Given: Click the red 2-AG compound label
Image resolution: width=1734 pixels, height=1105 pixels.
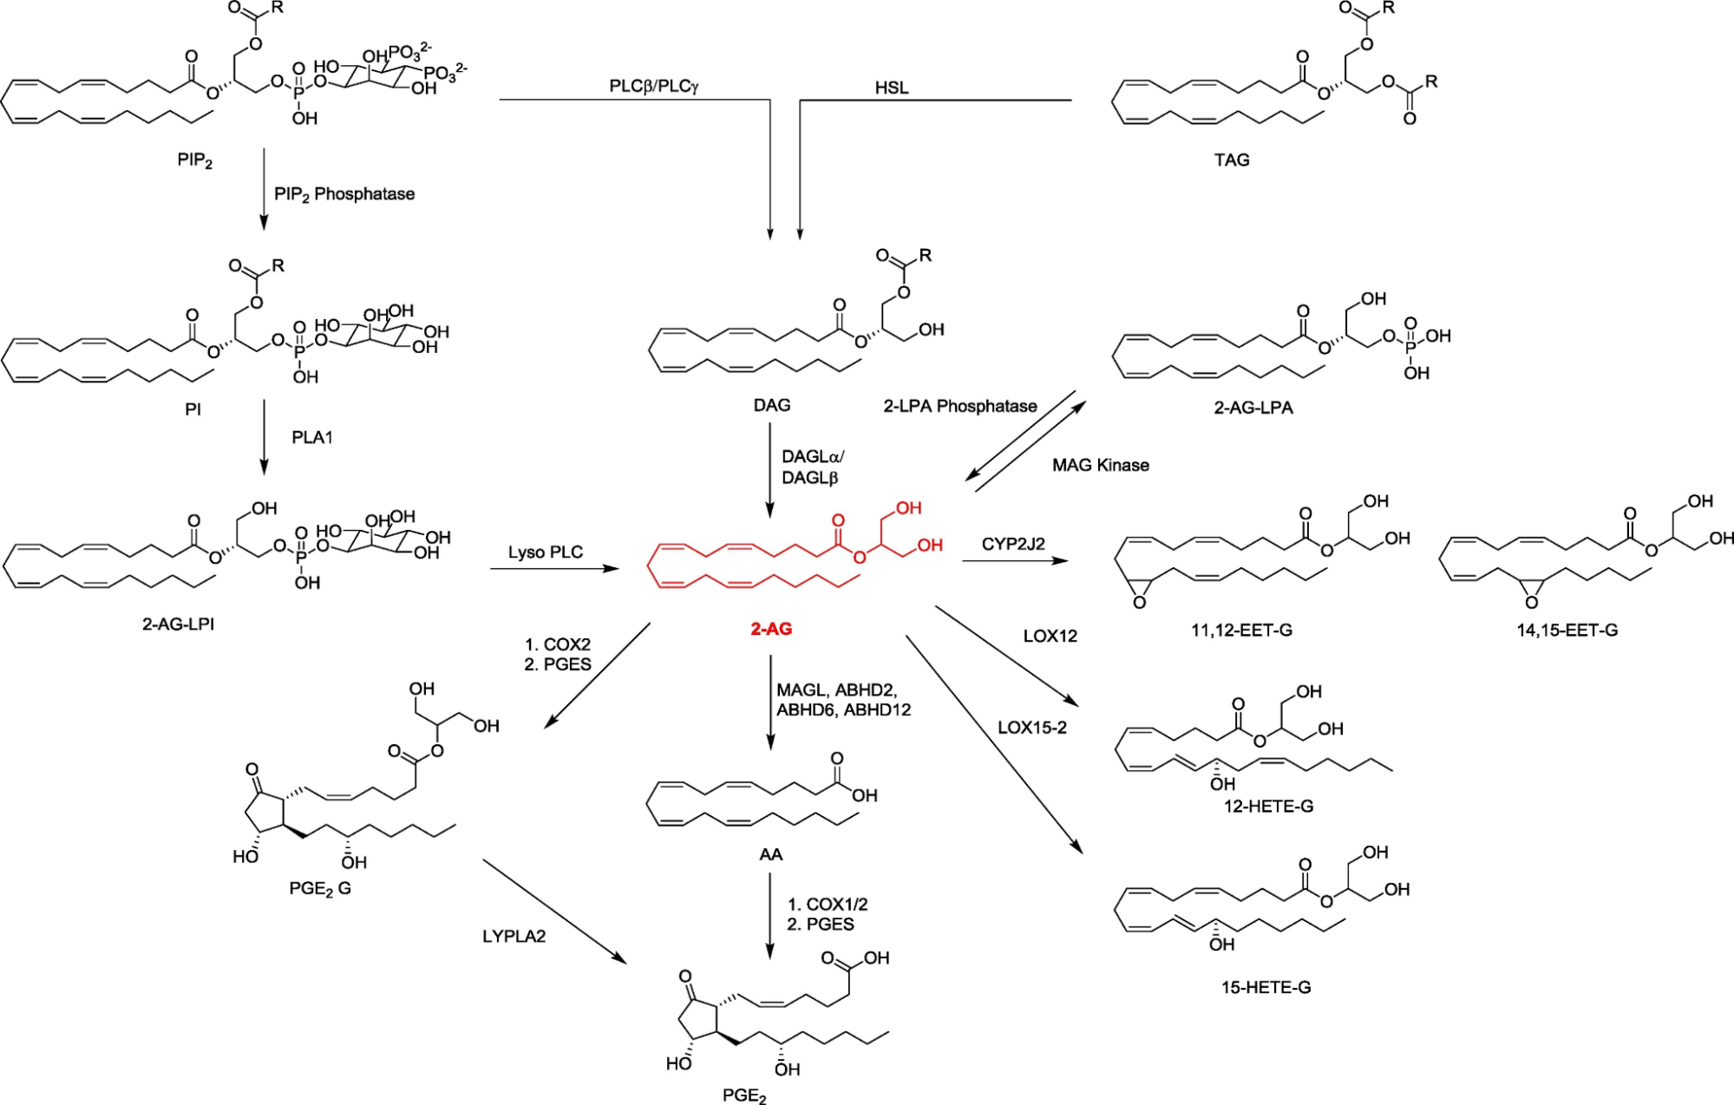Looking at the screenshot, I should [770, 629].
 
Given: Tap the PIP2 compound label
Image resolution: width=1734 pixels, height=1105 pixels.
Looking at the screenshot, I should [194, 161].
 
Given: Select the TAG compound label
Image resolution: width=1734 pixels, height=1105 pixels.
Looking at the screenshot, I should [1231, 160].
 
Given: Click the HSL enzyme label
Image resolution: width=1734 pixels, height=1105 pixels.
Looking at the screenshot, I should [891, 88].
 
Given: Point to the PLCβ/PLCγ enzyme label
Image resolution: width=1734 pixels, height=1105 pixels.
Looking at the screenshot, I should [653, 86].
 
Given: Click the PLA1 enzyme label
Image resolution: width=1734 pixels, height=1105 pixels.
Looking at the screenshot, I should [311, 437].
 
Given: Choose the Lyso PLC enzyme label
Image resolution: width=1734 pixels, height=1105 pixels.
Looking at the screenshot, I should [545, 552].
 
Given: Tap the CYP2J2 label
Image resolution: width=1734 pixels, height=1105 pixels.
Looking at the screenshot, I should [1012, 544].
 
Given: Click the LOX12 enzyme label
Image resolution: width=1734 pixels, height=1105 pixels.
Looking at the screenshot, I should [1050, 636].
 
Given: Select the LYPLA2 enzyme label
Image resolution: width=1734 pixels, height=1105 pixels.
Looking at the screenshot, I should [514, 936].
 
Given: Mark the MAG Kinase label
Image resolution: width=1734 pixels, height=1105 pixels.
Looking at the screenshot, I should [1100, 465].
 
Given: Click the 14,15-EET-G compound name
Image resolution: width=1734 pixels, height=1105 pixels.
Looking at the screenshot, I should [1567, 631].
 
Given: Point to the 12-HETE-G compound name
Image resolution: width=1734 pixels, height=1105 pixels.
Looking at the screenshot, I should [1268, 806].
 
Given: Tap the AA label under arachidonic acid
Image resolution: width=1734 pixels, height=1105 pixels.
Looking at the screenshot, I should [770, 854].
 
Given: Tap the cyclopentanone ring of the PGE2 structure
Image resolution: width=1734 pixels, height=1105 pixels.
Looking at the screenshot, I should [701, 1020].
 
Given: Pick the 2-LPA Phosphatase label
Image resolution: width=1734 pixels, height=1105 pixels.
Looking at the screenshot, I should [959, 406].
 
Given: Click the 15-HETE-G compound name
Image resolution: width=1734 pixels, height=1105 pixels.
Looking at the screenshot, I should [1266, 986].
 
